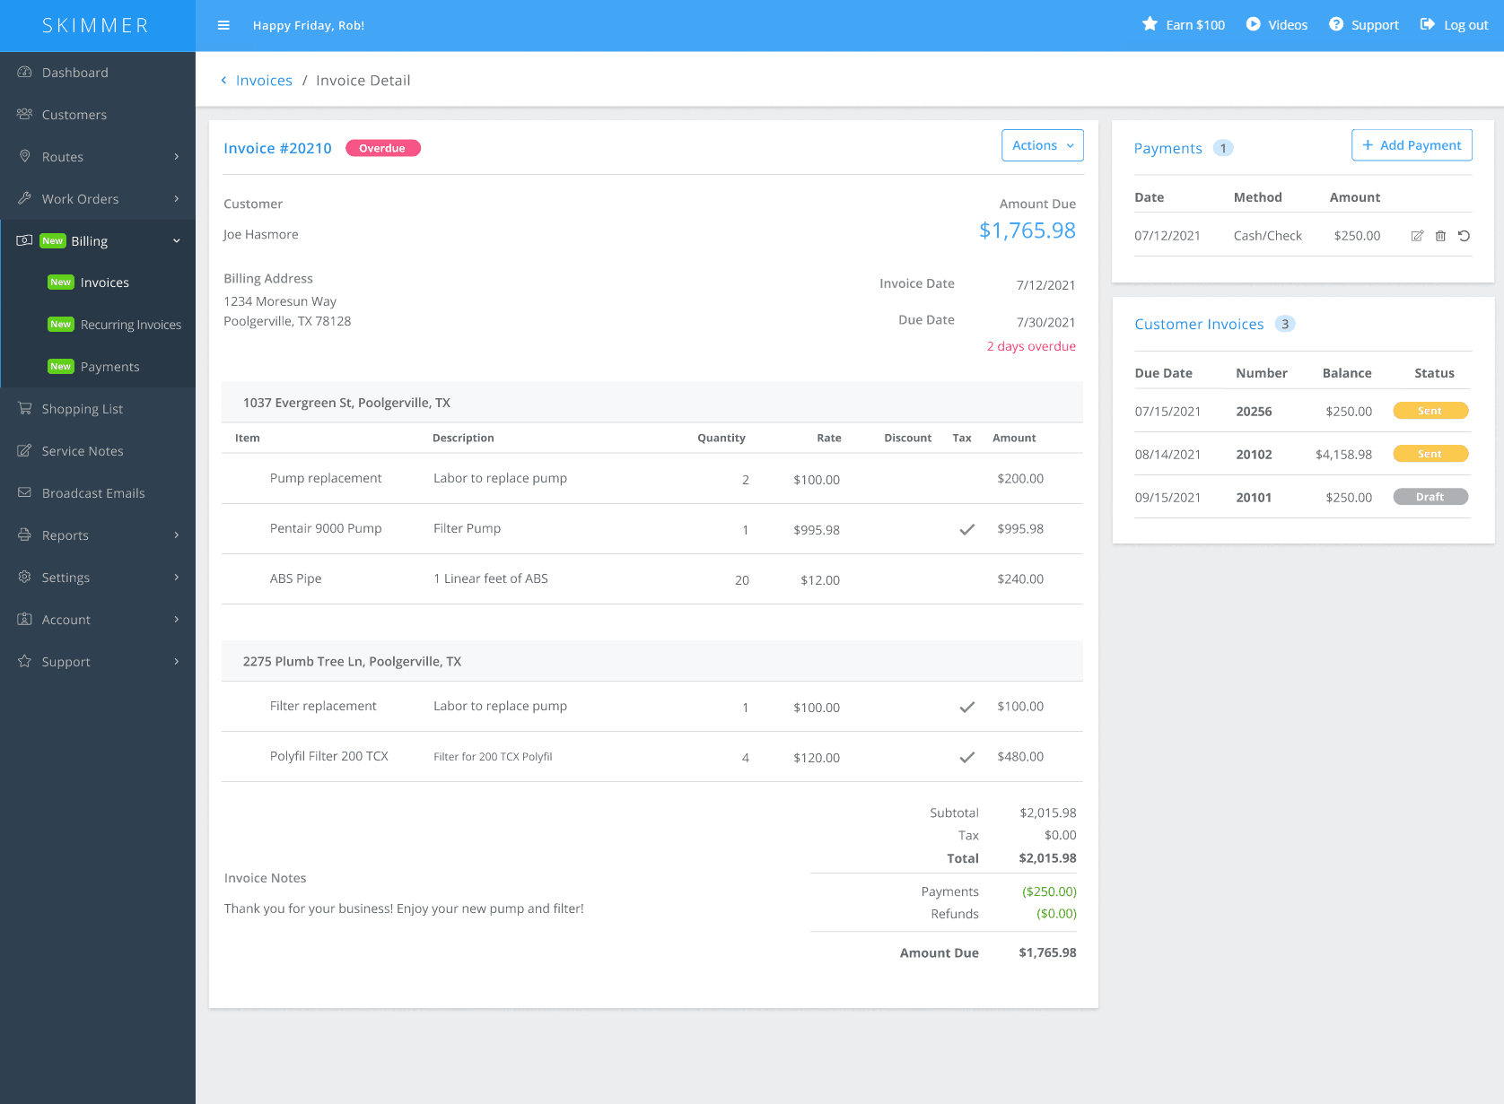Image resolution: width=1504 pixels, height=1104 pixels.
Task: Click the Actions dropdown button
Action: point(1042,145)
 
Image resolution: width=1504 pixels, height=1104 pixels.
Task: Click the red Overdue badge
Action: point(381,148)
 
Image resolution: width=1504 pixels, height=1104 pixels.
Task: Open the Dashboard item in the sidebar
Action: point(74,73)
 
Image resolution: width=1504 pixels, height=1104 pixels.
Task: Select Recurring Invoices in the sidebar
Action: point(130,325)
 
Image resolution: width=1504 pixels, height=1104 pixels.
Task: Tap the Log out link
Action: point(1454,25)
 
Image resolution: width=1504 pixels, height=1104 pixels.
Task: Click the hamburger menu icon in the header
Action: point(223,25)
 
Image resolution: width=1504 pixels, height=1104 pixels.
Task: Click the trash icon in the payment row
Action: point(1440,236)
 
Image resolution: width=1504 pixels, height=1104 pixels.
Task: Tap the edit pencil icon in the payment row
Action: point(1417,236)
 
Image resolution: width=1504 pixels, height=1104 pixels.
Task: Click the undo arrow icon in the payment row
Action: point(1464,236)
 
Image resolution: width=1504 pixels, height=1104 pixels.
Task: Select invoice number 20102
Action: point(1254,455)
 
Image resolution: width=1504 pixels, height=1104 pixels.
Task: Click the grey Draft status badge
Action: point(1430,497)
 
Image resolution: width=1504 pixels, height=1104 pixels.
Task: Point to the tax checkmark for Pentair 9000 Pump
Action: point(966,529)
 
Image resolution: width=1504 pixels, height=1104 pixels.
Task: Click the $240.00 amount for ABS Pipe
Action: point(1020,579)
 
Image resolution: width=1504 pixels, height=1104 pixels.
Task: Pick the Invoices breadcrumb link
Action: point(264,81)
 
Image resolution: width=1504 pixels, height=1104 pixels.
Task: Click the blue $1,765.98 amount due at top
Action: point(1027,230)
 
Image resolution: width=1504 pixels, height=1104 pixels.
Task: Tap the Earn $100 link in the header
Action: point(1184,25)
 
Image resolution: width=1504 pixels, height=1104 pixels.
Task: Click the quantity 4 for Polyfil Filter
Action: point(745,758)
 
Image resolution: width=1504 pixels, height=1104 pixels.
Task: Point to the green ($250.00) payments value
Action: point(1049,891)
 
